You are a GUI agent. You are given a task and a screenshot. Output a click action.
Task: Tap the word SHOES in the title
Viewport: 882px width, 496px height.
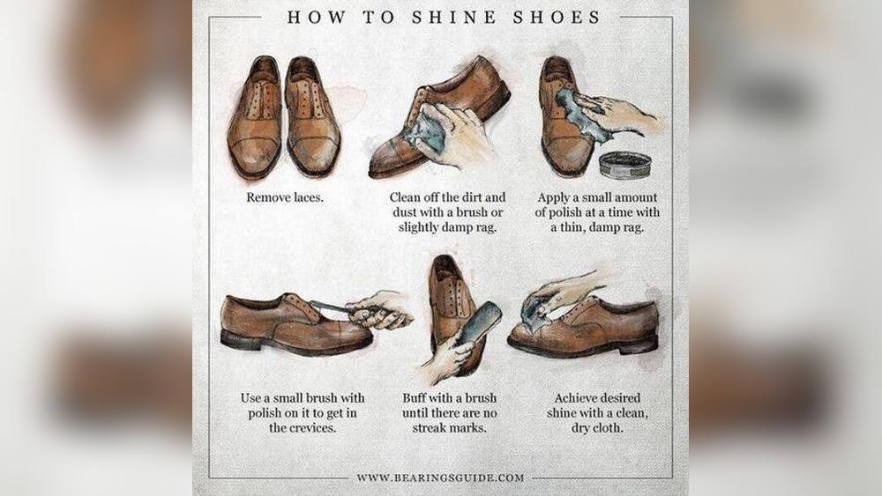557,18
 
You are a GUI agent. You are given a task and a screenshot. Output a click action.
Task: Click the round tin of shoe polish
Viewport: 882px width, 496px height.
625,165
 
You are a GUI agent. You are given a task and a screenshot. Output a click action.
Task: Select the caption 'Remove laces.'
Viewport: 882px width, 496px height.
285,197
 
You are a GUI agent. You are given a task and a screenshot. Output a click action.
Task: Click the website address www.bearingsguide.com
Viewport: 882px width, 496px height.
440,477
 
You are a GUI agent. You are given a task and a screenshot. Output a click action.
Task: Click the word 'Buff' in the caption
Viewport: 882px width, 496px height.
412,397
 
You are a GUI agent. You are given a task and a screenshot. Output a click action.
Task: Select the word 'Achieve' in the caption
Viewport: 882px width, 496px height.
576,397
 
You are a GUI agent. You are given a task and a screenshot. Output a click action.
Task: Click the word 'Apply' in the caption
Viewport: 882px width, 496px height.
552,197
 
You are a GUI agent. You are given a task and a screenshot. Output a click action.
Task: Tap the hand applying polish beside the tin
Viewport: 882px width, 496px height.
617,113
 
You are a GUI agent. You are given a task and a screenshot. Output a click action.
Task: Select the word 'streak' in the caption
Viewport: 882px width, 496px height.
430,427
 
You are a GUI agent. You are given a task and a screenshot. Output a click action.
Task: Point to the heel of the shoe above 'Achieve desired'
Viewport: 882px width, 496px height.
640,344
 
